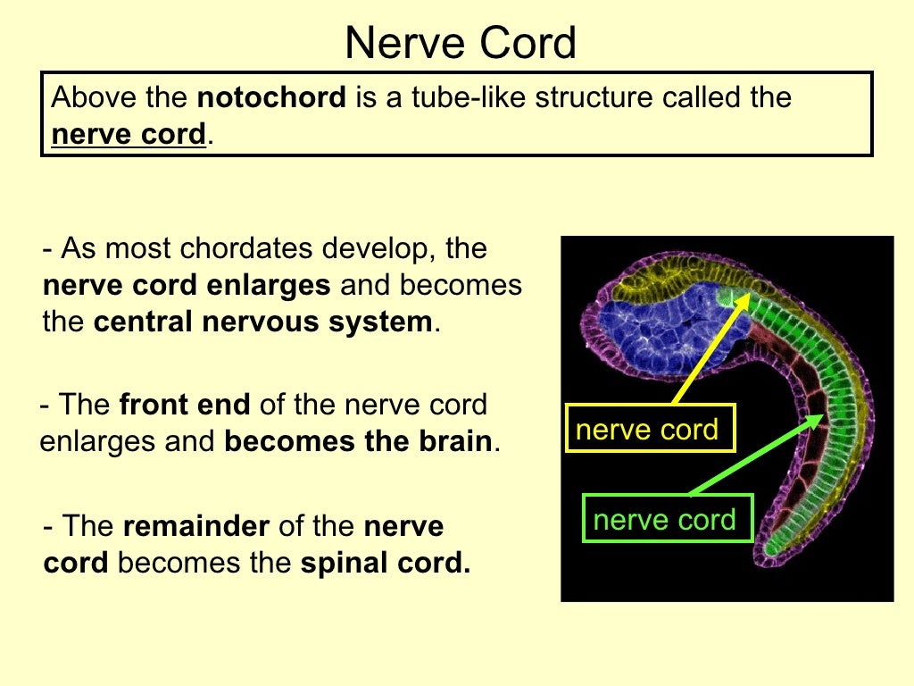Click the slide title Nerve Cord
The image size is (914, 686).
coord(461,42)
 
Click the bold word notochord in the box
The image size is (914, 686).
coord(271,96)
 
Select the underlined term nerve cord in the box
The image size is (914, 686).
coord(129,135)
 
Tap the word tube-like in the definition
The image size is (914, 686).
coord(461,96)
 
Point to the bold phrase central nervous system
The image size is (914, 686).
coord(262,322)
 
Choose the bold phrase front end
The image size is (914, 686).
coord(185,405)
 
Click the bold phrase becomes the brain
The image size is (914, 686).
coord(358,441)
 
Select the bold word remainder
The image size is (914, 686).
coord(195,526)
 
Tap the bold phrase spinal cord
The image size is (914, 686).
coord(385,564)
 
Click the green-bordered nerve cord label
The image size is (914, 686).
coord(665,519)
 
